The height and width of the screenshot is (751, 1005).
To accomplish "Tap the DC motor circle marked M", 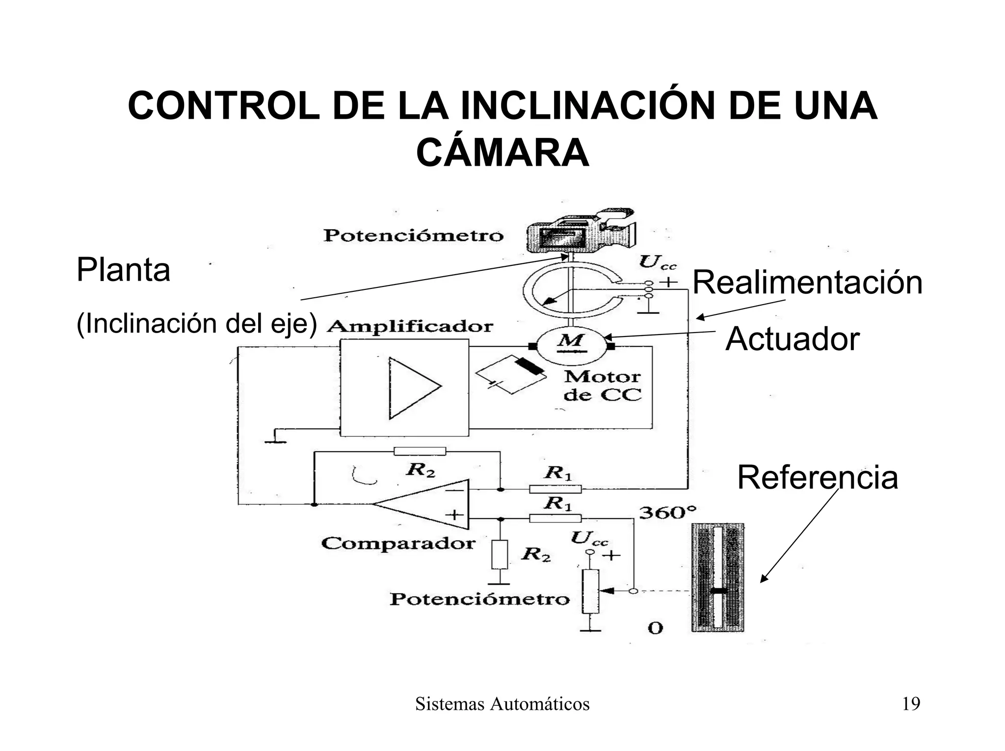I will click(571, 346).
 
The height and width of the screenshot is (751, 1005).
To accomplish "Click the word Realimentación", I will click(807, 283).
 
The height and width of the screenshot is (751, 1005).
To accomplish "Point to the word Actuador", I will click(792, 339).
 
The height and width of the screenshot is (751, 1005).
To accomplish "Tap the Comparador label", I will click(398, 543).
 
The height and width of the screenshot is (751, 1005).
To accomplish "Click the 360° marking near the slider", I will click(667, 513).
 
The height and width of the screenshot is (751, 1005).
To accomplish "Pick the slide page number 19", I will click(911, 704).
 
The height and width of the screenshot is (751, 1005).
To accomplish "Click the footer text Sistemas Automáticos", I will click(502, 704).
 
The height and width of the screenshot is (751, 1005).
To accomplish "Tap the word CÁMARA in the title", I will click(502, 153).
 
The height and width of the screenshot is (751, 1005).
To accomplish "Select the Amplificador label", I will click(410, 327).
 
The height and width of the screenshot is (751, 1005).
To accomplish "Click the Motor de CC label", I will click(602, 386).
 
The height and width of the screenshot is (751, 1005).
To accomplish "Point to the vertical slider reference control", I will click(718, 577).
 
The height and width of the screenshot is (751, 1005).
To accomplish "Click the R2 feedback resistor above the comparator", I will click(420, 451).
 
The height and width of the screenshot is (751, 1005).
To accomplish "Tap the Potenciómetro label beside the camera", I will click(413, 235).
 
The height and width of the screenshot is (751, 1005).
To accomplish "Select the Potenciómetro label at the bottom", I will click(479, 599).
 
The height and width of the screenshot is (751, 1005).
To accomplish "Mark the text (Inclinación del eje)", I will click(197, 324).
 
